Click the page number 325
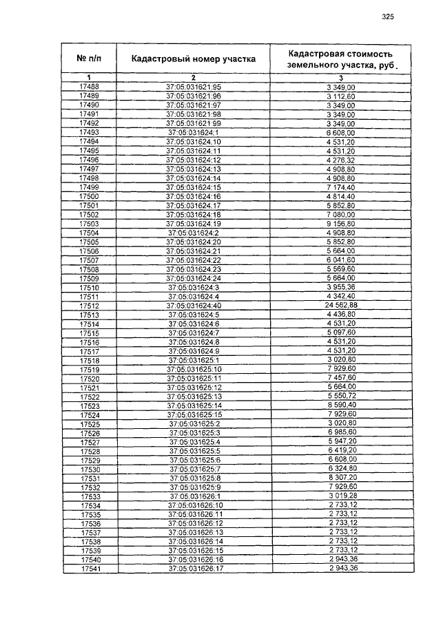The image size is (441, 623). pyautogui.click(x=387, y=17)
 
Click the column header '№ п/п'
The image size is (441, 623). pyautogui.click(x=90, y=59)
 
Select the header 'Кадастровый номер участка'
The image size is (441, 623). pyautogui.click(x=194, y=59)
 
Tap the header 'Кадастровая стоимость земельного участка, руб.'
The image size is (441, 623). pyautogui.click(x=341, y=59)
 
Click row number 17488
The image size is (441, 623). pyautogui.click(x=90, y=87)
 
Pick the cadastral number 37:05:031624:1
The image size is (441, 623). pyautogui.click(x=194, y=132)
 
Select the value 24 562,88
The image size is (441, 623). pyautogui.click(x=341, y=305)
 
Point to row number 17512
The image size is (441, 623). pyautogui.click(x=90, y=305)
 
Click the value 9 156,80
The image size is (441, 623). pyautogui.click(x=341, y=224)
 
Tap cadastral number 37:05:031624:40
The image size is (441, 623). pyautogui.click(x=194, y=305)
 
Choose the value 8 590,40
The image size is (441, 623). pyautogui.click(x=341, y=406)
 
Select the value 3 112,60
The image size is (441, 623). pyautogui.click(x=341, y=96)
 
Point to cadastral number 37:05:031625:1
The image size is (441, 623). pyautogui.click(x=194, y=360)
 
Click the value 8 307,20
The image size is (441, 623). pyautogui.click(x=341, y=478)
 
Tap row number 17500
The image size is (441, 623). pyautogui.click(x=90, y=196)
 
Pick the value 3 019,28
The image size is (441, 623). pyautogui.click(x=341, y=496)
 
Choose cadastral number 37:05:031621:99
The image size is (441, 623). pyautogui.click(x=194, y=123)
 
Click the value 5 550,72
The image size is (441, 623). pyautogui.click(x=341, y=397)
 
